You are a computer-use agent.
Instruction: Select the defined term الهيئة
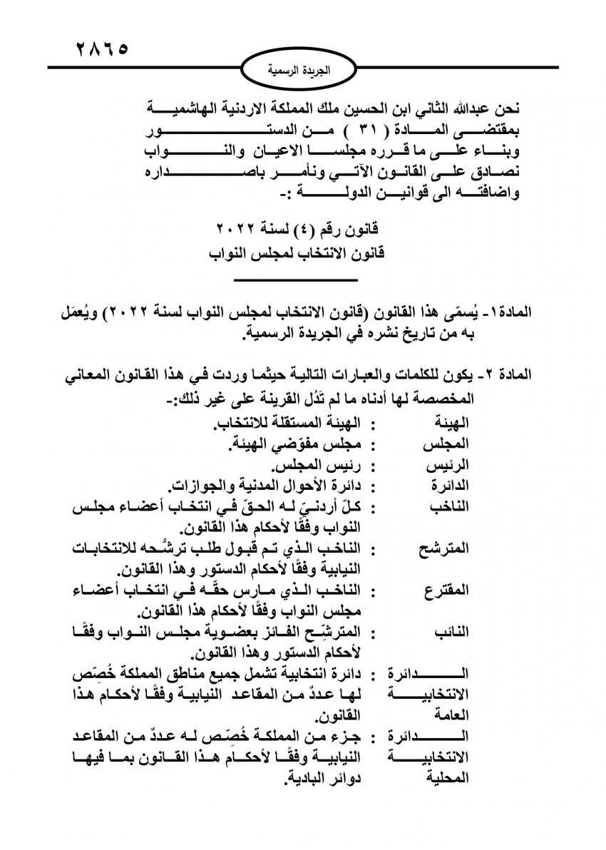[453, 429]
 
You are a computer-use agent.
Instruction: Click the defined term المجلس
[452, 447]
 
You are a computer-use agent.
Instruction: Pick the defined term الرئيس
[452, 467]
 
